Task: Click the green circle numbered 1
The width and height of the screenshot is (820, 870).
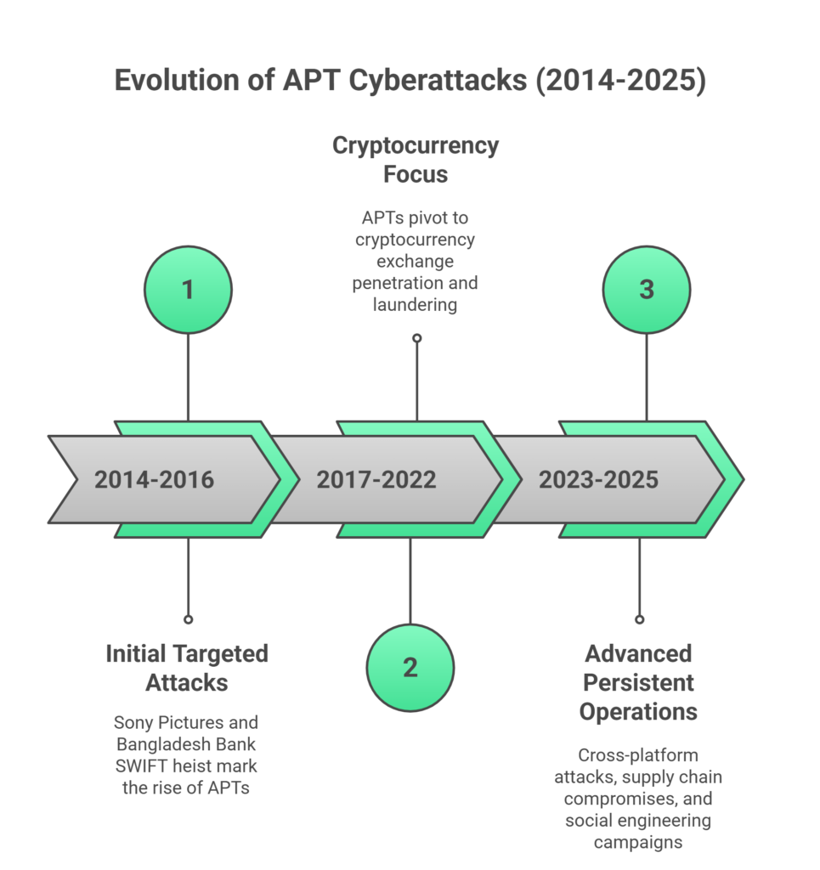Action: point(188,290)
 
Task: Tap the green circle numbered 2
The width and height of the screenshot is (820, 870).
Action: point(410,668)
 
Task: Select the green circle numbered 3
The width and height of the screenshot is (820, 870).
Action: point(647,290)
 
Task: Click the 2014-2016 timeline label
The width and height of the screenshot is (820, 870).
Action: point(154,480)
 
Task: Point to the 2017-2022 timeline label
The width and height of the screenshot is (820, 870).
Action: point(376,480)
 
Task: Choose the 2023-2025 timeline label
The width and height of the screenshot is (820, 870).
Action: point(598,480)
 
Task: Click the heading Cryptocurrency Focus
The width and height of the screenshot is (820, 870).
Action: point(416,160)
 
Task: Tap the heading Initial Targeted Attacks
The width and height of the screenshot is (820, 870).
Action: point(187,668)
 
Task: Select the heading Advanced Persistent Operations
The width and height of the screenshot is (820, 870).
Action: point(638,682)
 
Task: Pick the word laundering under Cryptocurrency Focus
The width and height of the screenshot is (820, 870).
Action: point(416,304)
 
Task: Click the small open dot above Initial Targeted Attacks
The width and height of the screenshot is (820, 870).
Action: point(188,619)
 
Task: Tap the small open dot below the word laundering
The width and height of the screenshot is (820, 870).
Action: point(416,338)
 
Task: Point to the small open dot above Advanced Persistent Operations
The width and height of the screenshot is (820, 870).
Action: point(639,619)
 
